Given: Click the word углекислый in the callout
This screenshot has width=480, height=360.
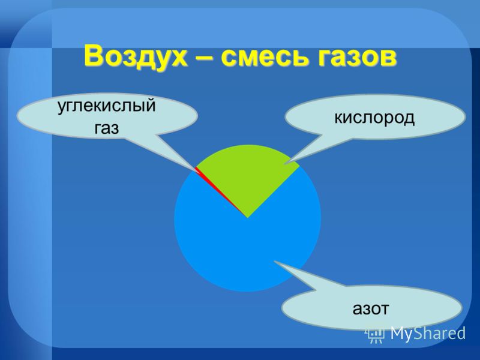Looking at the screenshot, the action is coord(107,106).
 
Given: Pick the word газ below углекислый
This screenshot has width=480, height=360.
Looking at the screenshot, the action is coord(106,128).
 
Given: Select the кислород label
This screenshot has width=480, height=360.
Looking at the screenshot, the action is coord(374,118).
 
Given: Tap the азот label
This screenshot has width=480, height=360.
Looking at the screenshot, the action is coord(370,309).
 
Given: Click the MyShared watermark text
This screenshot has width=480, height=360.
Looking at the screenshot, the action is coord(428,333).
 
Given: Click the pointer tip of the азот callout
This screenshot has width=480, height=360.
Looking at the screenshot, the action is coord(274,261).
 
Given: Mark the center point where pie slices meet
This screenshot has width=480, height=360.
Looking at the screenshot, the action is coord(247,218).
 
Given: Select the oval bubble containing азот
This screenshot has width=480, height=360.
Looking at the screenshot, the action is coord(371,308).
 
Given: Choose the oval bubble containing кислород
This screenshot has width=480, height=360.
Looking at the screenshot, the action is coord(375,117).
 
